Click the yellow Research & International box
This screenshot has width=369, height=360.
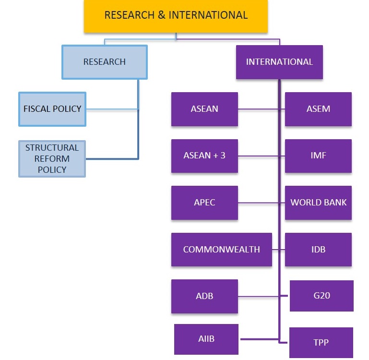pyautogui.click(x=176, y=16)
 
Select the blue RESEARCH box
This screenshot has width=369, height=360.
pyautogui.click(x=105, y=62)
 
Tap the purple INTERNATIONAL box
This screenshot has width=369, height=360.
pyautogui.click(x=279, y=62)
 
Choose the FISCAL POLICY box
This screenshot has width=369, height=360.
pyautogui.click(x=52, y=109)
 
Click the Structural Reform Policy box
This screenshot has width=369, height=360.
pyautogui.click(x=52, y=158)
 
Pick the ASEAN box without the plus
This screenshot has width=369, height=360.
pyautogui.click(x=204, y=109)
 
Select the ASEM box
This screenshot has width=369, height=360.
pyautogui.click(x=318, y=109)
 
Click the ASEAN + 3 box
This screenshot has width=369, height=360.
pyautogui.click(x=204, y=156)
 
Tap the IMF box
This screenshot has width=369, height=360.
pyautogui.click(x=318, y=156)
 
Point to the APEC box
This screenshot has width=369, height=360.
pyautogui.click(x=204, y=203)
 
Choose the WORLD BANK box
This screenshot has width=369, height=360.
pyautogui.click(x=318, y=203)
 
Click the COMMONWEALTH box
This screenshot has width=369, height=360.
pyautogui.click(x=221, y=250)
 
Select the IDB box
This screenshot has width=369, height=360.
pyautogui.click(x=318, y=250)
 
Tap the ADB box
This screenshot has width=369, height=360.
pyautogui.click(x=204, y=296)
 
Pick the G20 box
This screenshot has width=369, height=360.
pyautogui.click(x=321, y=296)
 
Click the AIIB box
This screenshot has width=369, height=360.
pyautogui.click(x=206, y=339)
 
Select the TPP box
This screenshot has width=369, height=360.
pyautogui.click(x=321, y=343)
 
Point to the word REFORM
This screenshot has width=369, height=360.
pyautogui.click(x=52, y=159)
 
